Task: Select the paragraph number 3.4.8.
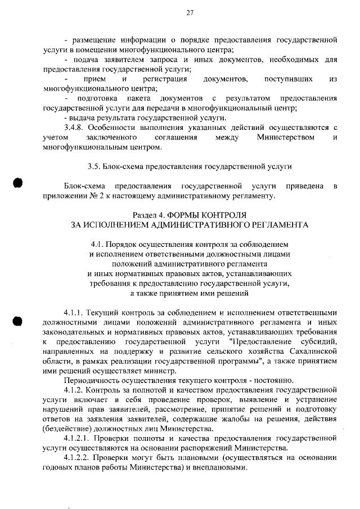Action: [74, 128]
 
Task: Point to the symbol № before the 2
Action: [92, 196]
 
